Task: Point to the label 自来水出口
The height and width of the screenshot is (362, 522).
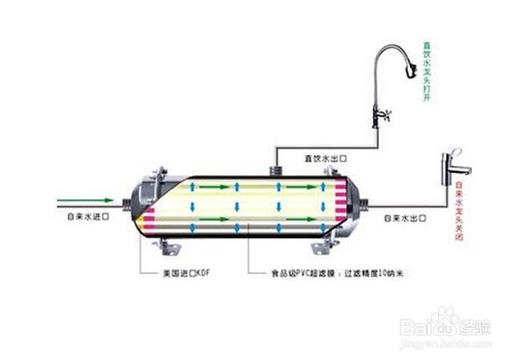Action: tap(406, 218)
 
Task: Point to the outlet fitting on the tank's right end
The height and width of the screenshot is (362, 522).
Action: tap(361, 201)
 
